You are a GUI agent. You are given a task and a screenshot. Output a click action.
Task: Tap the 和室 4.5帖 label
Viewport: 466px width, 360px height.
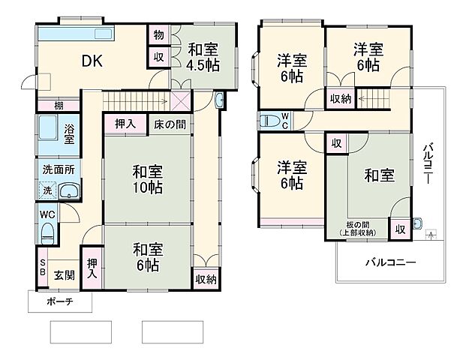point(203,57)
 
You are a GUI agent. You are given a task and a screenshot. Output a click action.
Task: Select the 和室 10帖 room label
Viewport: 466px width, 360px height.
point(148,177)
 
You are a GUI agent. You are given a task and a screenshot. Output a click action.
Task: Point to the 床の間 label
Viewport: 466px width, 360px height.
point(170,124)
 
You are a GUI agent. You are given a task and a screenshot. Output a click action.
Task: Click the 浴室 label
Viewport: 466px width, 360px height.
point(68,133)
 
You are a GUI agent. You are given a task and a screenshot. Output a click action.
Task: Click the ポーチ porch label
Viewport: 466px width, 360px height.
point(59,302)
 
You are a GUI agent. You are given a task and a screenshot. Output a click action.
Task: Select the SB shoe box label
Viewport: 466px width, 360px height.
point(42,267)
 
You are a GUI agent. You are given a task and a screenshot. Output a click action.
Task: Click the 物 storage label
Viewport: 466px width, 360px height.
point(159,34)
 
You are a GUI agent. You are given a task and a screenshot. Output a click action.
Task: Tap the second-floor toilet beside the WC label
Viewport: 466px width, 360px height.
point(268,120)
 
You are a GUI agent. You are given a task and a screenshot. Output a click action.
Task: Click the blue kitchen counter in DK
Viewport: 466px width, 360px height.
point(74,34)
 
